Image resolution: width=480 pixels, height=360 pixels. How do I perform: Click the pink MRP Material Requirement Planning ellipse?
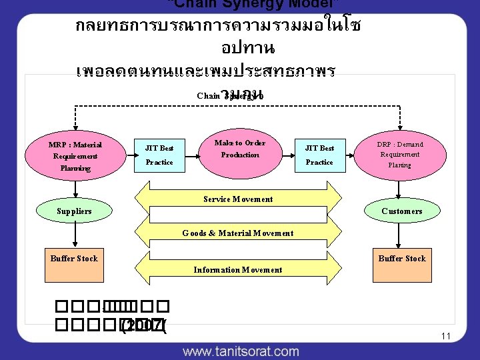[x=75, y=156]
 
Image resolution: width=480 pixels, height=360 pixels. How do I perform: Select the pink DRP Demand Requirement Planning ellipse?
[x=400, y=154]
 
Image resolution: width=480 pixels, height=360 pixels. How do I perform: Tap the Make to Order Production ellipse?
[x=239, y=149]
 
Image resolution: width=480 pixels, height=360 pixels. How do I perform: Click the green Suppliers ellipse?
[x=75, y=211]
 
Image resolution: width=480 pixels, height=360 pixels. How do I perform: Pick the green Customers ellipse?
[x=401, y=211]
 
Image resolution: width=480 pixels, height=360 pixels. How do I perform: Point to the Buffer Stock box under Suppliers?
[x=74, y=259]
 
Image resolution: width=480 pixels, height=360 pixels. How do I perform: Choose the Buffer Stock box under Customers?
[x=401, y=259]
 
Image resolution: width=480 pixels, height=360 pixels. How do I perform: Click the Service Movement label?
[x=238, y=199]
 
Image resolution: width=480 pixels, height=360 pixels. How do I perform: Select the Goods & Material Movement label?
[x=238, y=233]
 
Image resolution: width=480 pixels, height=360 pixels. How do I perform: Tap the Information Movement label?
[x=238, y=270]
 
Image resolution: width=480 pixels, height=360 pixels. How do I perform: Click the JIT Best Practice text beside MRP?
[x=159, y=155]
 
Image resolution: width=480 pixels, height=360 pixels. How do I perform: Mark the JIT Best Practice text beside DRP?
[x=319, y=155]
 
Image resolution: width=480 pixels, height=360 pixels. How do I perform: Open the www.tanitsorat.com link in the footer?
[x=241, y=351]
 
